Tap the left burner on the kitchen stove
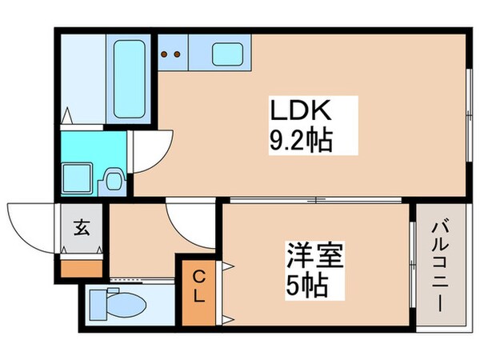point(166,55)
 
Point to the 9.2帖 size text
point(301,144)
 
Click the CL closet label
point(199,286)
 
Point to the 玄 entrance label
point(82,226)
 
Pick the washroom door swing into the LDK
point(152,152)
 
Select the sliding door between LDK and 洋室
point(316,198)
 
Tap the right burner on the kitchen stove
point(176,55)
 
